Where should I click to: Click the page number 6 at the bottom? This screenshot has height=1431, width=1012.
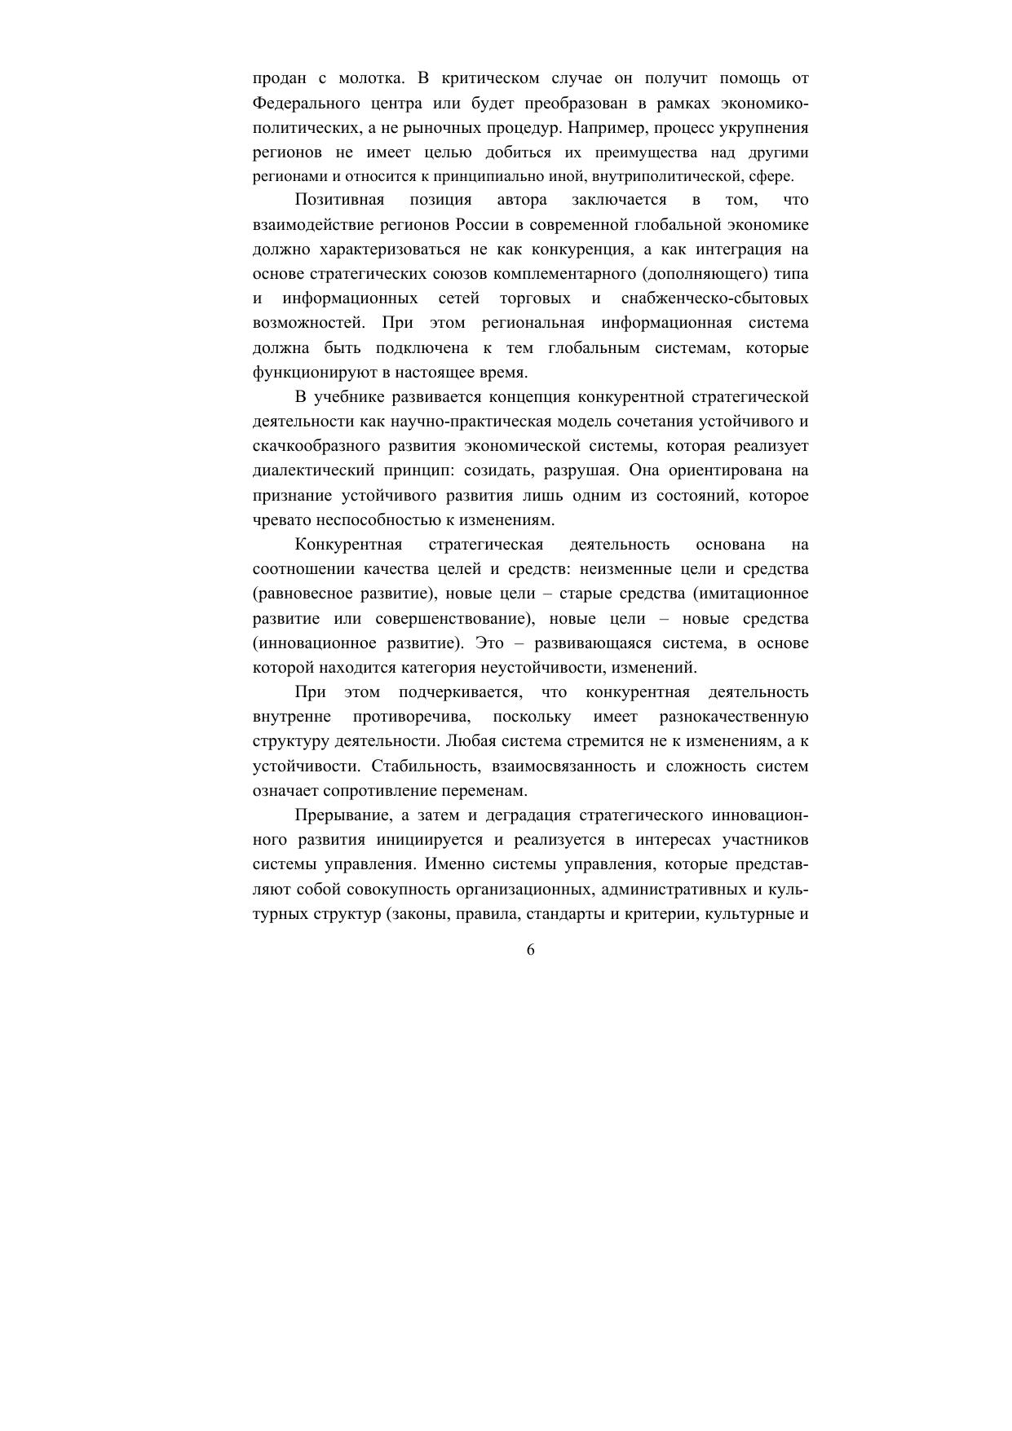click(531, 950)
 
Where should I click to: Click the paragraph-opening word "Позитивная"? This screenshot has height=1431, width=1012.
click(339, 201)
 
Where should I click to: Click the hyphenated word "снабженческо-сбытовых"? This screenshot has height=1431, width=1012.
click(714, 299)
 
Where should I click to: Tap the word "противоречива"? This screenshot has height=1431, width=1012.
click(413, 717)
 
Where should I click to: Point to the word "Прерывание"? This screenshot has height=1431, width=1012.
click(342, 816)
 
